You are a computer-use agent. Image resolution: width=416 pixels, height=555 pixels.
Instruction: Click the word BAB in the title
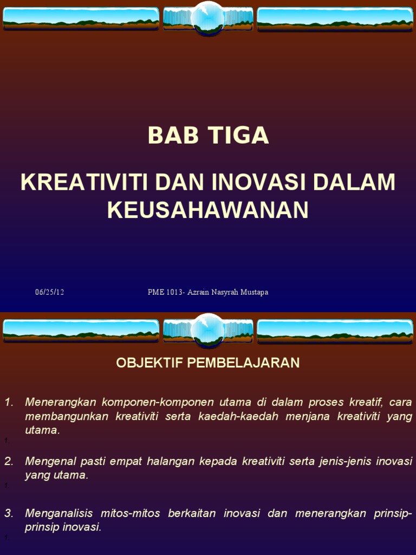coord(173,135)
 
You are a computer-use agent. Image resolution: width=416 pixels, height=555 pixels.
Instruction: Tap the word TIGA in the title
coord(238,135)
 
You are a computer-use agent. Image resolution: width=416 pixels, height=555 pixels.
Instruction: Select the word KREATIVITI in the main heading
coord(84,182)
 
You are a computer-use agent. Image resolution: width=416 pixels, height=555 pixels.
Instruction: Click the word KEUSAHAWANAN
coord(208,210)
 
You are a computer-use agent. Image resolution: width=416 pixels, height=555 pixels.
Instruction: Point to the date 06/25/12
coord(49,292)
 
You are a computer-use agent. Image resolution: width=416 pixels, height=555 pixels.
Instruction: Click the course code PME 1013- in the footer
coord(166,292)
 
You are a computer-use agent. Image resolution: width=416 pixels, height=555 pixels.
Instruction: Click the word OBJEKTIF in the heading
coord(149,363)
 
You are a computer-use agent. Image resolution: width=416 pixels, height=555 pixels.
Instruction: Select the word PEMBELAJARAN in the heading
coord(243,363)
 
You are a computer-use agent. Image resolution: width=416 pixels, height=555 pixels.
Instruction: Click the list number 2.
coord(9,461)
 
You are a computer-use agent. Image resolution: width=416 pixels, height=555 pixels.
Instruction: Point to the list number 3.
coord(9,513)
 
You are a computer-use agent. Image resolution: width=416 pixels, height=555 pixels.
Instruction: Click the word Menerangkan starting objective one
coord(61,402)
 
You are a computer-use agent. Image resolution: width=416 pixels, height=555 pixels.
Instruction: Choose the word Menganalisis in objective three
coord(58,513)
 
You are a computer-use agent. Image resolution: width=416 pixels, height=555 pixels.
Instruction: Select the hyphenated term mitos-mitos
coord(130,513)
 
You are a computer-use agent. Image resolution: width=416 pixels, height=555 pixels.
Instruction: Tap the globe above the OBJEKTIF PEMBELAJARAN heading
coord(208,330)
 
